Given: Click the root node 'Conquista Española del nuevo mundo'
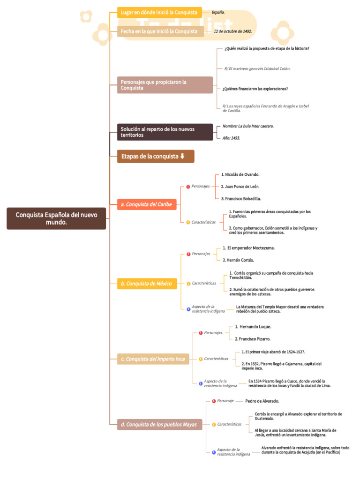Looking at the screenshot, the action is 56,218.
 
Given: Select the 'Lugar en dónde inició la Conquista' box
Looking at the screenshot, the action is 159,13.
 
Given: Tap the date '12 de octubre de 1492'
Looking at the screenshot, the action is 232,31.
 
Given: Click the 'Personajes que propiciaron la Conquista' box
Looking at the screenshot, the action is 165,85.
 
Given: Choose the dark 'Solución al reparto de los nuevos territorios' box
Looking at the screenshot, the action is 165,132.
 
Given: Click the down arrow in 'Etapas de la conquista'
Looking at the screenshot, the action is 182,156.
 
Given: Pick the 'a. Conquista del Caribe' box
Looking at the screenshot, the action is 147,204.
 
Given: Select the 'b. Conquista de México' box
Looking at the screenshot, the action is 147,284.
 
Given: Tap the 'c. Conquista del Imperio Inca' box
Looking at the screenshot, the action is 153,359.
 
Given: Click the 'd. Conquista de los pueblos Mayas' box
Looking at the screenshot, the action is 159,424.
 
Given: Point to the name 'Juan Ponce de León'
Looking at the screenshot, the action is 240,187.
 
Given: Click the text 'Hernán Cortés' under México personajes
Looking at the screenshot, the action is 238,260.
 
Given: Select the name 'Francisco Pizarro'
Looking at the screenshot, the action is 253,339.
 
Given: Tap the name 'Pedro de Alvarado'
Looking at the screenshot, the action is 262,401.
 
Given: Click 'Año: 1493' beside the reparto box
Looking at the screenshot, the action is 231,138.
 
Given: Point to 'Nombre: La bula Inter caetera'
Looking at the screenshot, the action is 248,126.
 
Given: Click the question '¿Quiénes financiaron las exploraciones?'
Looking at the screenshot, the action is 255,89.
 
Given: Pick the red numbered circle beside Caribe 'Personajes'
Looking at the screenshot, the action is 188,187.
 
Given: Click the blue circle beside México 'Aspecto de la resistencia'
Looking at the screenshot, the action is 188,309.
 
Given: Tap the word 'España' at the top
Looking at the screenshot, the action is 218,13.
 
